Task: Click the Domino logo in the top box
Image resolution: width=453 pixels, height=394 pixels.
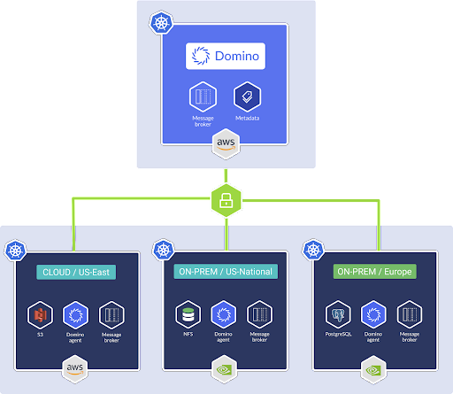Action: point(226,58)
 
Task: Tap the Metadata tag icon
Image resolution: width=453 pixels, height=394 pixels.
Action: point(245,97)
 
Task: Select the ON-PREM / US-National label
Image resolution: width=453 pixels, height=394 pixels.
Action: point(226,271)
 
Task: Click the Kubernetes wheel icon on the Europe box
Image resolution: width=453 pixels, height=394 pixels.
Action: point(316,252)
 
